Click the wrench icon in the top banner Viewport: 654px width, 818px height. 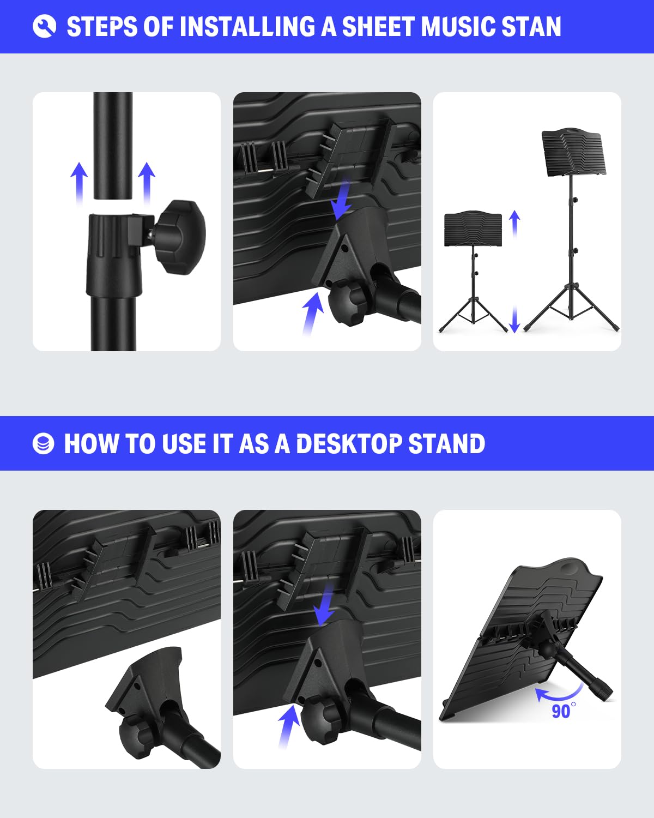(x=44, y=26)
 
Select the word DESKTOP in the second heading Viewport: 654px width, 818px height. (x=349, y=444)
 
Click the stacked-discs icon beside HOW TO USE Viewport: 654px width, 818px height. (x=44, y=444)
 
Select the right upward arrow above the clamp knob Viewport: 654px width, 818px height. (x=146, y=183)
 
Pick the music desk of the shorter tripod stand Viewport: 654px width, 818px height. (x=473, y=229)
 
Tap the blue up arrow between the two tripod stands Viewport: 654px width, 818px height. (x=514, y=224)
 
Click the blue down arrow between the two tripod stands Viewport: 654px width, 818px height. (x=514, y=319)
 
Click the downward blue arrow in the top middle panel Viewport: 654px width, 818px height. (x=342, y=200)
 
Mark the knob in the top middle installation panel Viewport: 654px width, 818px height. (x=349, y=302)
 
